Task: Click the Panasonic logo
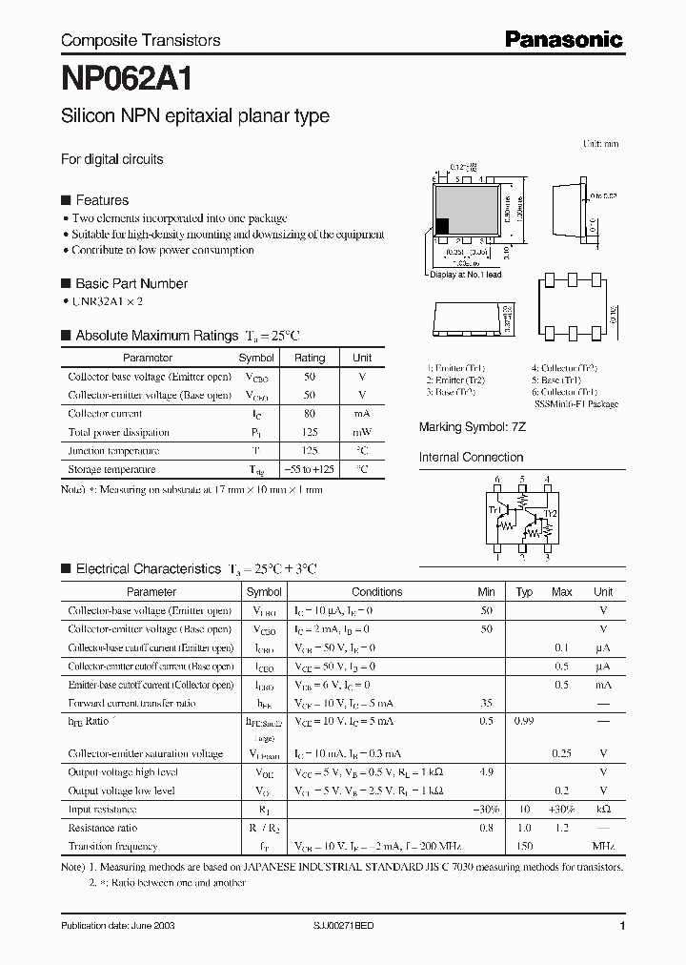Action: tap(563, 39)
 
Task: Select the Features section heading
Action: tap(101, 200)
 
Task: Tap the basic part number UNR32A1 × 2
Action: tap(109, 300)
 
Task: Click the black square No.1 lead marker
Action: tap(442, 227)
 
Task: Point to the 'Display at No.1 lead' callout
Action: tap(465, 275)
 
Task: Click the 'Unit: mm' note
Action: tap(600, 144)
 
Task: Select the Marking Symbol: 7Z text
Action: tap(473, 427)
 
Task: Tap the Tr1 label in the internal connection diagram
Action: tap(494, 510)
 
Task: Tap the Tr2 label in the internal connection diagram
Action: tap(550, 512)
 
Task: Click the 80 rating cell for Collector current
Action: tap(310, 414)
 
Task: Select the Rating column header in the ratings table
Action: tap(310, 358)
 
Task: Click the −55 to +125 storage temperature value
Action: tap(310, 469)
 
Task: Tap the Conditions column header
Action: tap(376, 592)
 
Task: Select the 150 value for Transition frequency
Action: tap(523, 846)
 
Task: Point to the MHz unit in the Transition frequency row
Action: tap(603, 846)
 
